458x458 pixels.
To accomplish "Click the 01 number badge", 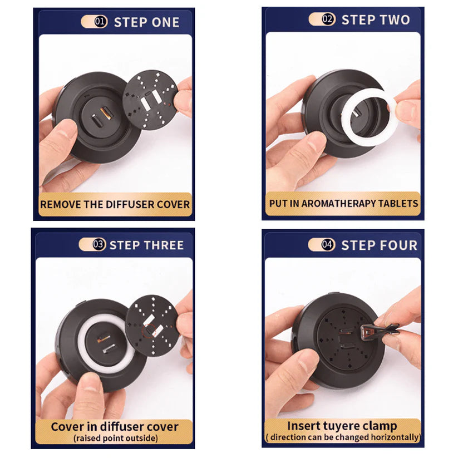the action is click(101, 22).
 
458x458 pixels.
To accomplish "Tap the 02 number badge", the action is click(328, 19).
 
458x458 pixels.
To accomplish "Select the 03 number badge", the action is click(99, 244).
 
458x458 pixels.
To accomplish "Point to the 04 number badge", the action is click(328, 244).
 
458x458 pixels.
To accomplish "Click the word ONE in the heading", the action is click(165, 22).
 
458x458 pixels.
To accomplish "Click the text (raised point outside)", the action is click(115, 438).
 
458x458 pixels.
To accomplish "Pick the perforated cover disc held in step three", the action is click(152, 326).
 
